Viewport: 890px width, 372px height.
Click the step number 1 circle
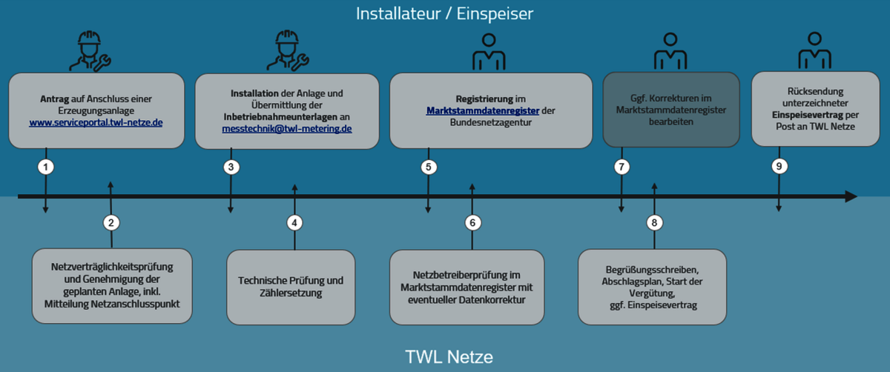pyautogui.click(x=46, y=167)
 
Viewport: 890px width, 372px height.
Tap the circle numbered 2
pyautogui.click(x=111, y=222)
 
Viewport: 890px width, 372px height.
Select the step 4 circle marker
pyautogui.click(x=294, y=222)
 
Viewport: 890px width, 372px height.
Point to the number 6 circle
pyautogui.click(x=472, y=222)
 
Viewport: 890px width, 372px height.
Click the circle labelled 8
pyautogui.click(x=653, y=222)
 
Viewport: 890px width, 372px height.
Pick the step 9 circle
pyautogui.click(x=778, y=167)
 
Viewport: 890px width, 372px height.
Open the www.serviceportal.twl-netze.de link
pyautogui.click(x=96, y=122)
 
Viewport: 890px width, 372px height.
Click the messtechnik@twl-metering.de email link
pyautogui.click(x=287, y=128)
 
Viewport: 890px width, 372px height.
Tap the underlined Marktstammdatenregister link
pyautogui.click(x=482, y=110)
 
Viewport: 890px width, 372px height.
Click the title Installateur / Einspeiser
pyautogui.click(x=444, y=13)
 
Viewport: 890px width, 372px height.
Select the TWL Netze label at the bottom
pyautogui.click(x=449, y=357)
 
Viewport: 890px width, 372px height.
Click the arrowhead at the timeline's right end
pyautogui.click(x=851, y=196)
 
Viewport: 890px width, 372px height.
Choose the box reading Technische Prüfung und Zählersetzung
pyautogui.click(x=291, y=287)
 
